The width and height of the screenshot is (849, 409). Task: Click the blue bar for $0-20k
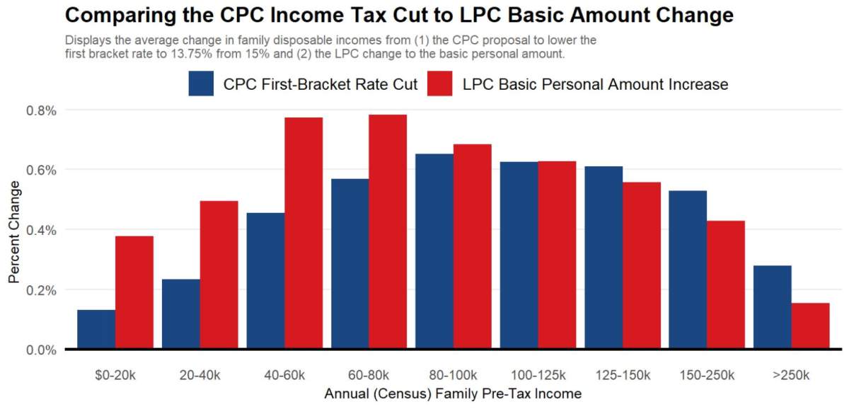point(96,329)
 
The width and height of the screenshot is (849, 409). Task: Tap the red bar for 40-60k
point(304,234)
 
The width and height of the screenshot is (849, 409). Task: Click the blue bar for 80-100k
point(434,251)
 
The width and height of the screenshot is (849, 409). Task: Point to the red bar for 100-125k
point(557,255)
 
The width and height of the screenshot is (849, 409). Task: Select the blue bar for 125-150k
point(603,258)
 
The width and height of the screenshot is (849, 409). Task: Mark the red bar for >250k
point(810,326)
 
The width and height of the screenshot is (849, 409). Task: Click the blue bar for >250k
point(773,307)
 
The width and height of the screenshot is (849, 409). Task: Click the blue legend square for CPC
point(202,84)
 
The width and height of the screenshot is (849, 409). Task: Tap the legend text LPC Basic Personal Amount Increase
point(595,84)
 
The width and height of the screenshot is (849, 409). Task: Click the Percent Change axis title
point(15,231)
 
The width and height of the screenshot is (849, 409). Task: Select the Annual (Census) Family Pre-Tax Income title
point(453,393)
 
